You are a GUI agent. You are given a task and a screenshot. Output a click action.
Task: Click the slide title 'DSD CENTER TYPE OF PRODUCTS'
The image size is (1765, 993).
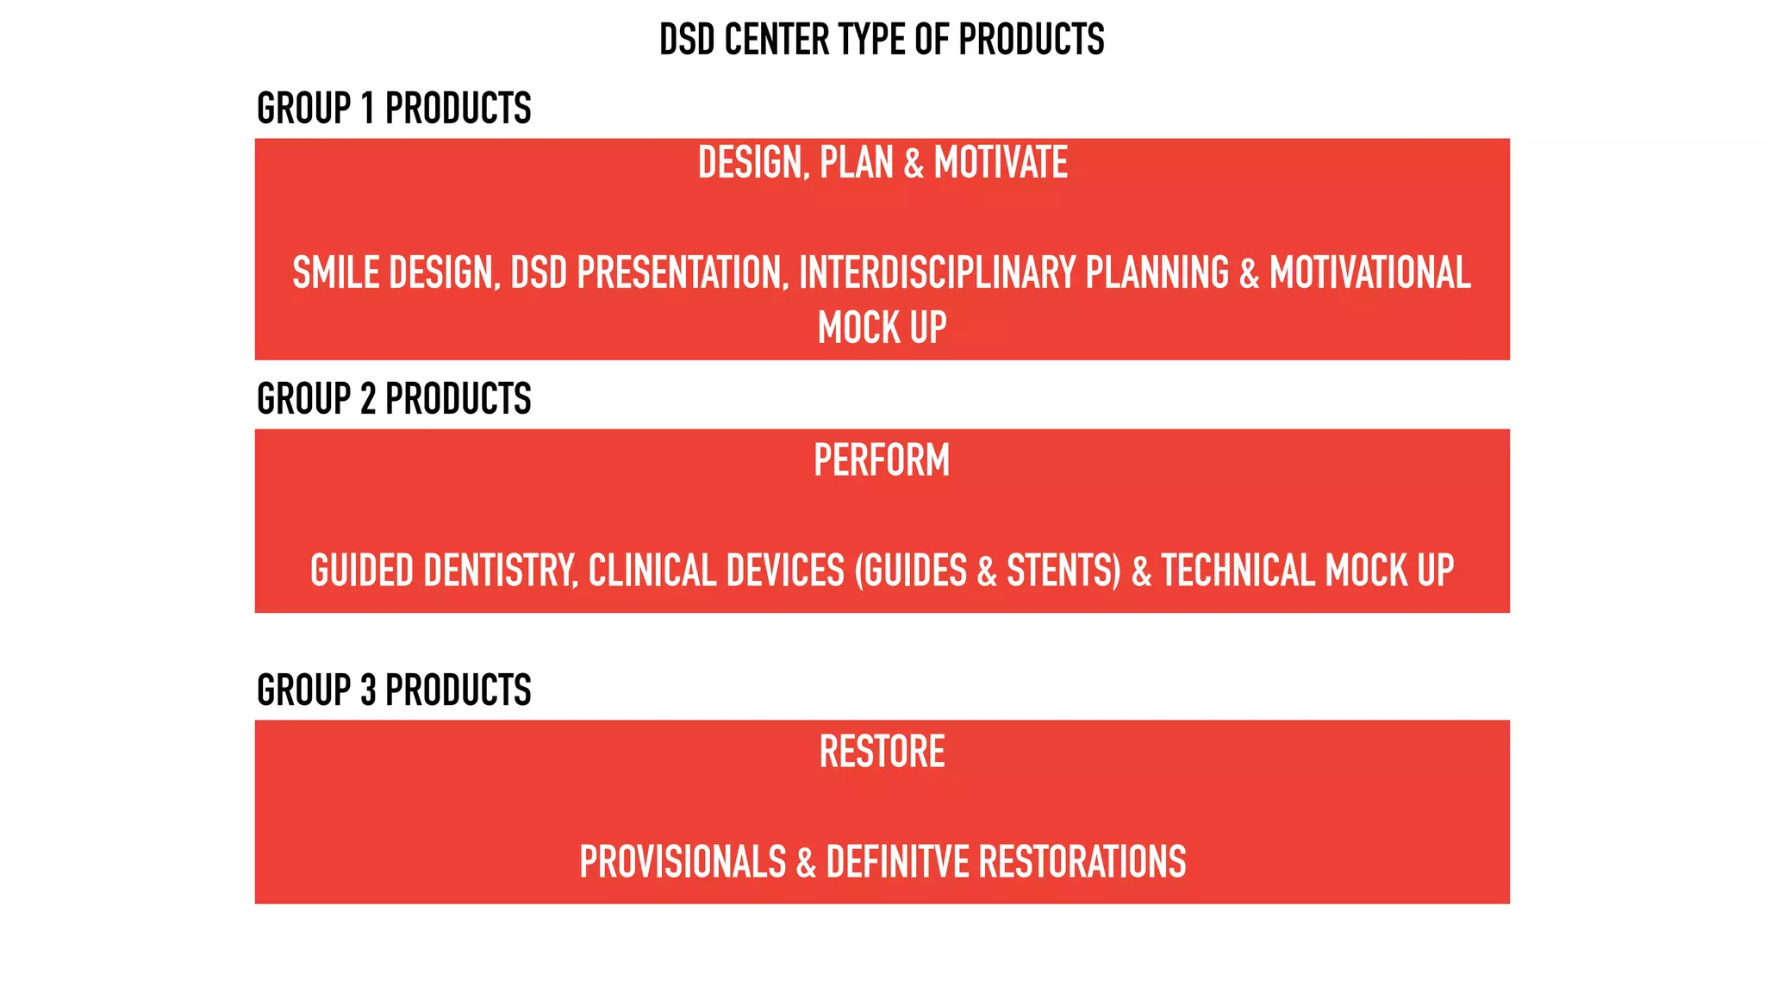[882, 40]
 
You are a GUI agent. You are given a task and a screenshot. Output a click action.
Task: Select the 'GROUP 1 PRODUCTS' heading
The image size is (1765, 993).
[394, 109]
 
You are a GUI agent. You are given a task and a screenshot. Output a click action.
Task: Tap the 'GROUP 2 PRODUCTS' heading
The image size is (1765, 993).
[394, 399]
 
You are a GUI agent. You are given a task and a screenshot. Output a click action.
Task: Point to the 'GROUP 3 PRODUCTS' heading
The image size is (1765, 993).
[394, 690]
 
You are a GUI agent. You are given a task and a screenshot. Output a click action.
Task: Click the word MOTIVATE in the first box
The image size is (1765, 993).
[1001, 163]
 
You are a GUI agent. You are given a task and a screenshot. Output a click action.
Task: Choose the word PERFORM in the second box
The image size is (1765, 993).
[882, 460]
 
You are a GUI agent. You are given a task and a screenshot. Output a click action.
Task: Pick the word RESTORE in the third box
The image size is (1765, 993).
[882, 752]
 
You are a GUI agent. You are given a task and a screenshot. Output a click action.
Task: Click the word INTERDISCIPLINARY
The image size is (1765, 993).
[938, 273]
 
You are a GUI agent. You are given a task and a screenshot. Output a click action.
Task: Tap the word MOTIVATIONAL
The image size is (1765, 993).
[1369, 273]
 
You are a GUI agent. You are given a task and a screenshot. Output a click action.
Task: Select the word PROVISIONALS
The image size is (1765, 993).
[683, 862]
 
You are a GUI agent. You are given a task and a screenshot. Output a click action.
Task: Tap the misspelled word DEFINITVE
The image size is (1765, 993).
[897, 862]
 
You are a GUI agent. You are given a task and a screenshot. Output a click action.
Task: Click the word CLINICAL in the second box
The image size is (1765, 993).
[652, 571]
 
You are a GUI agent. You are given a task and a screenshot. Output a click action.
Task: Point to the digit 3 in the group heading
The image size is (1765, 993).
[368, 690]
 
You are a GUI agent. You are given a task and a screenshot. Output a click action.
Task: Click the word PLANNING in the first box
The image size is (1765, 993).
[1157, 273]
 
